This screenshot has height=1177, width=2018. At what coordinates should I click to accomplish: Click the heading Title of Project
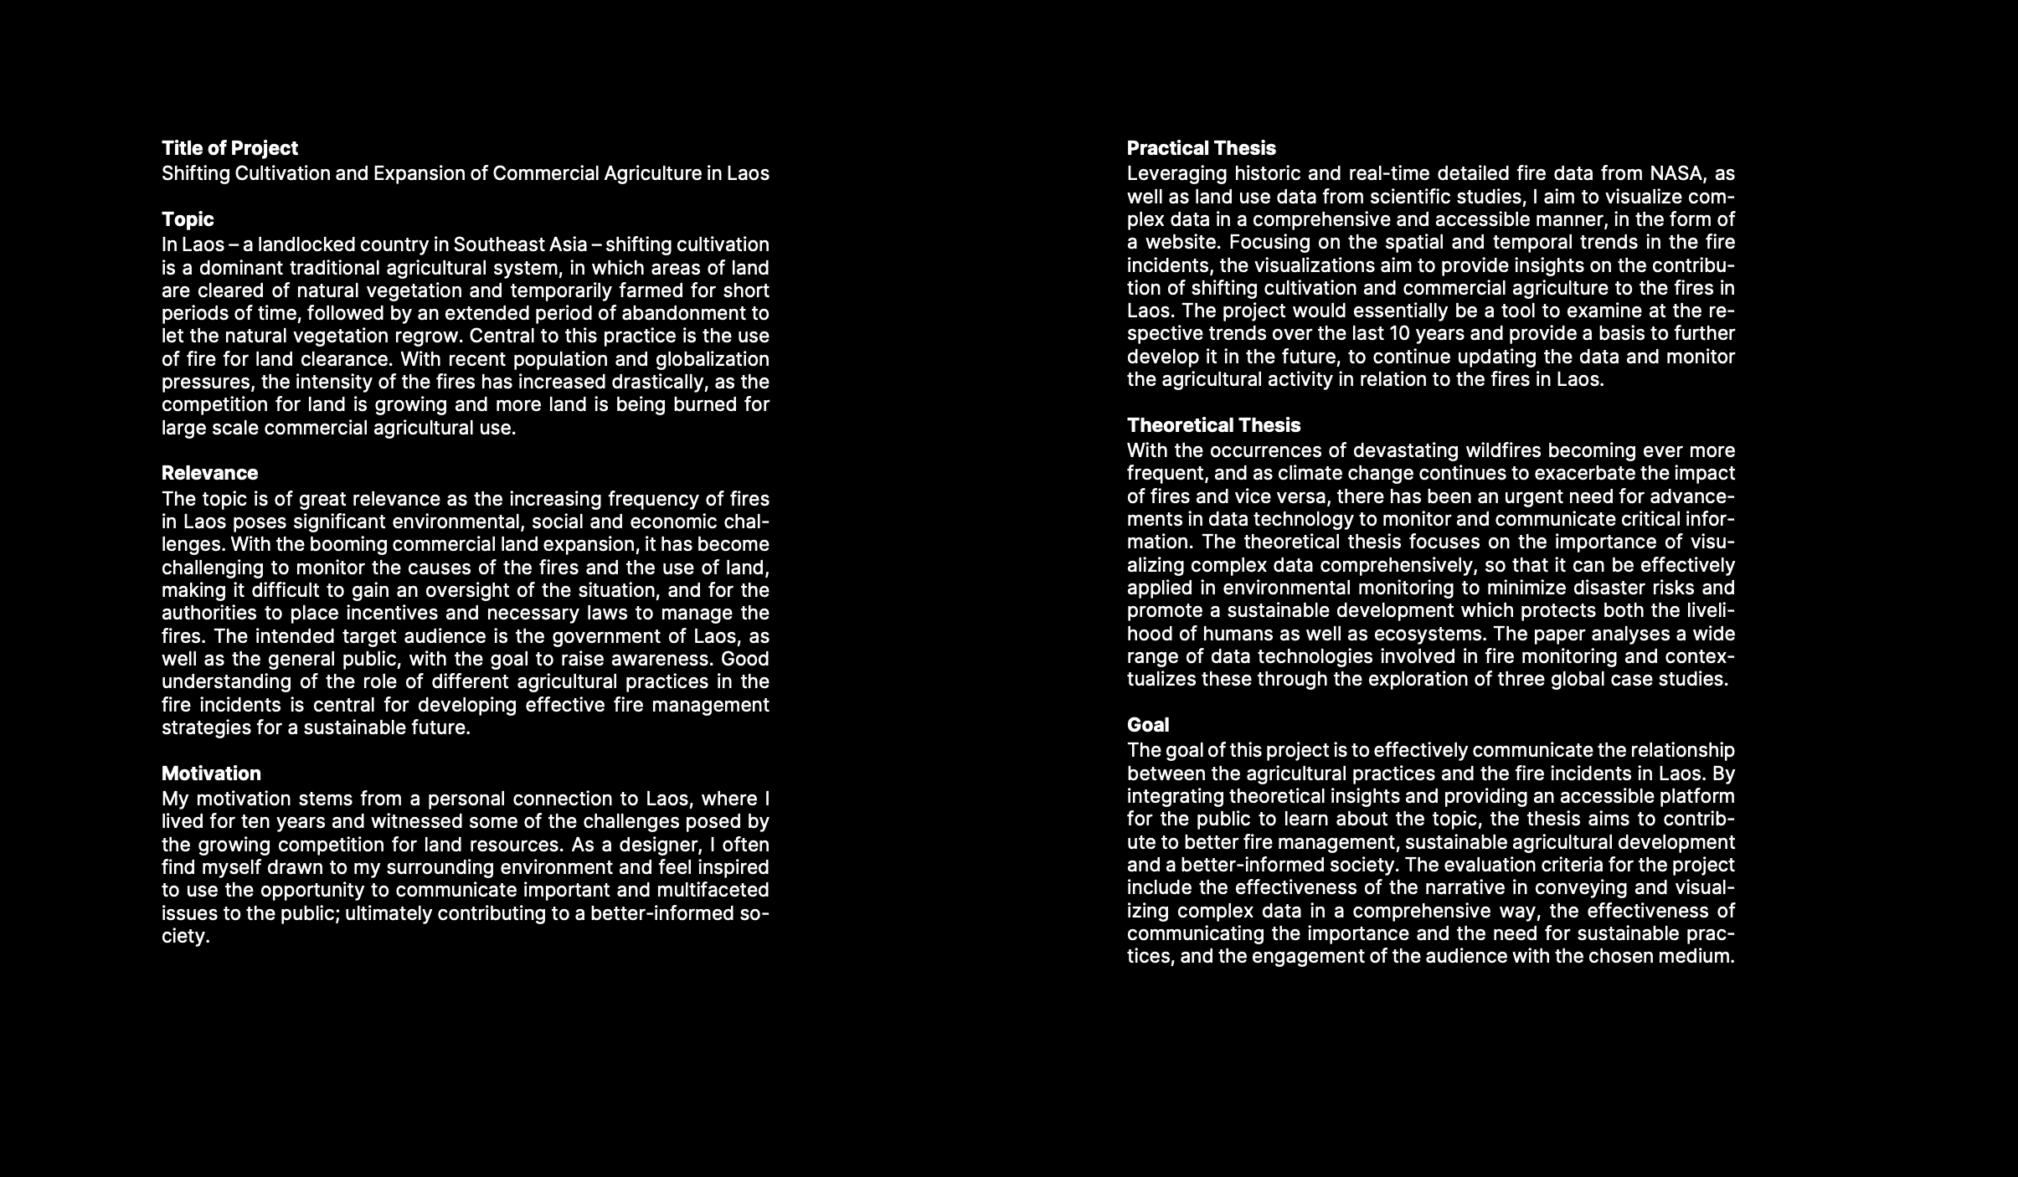pyautogui.click(x=229, y=148)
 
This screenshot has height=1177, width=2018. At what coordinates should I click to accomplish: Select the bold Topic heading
pyautogui.click(x=188, y=219)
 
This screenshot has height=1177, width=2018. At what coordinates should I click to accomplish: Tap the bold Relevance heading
pyautogui.click(x=209, y=473)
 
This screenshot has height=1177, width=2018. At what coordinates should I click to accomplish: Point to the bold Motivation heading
pyautogui.click(x=211, y=773)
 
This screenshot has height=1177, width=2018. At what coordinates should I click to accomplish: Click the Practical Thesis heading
pyautogui.click(x=1201, y=148)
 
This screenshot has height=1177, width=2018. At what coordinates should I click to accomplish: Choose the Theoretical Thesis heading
pyautogui.click(x=1213, y=425)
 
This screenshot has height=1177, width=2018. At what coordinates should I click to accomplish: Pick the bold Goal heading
pyautogui.click(x=1147, y=725)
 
